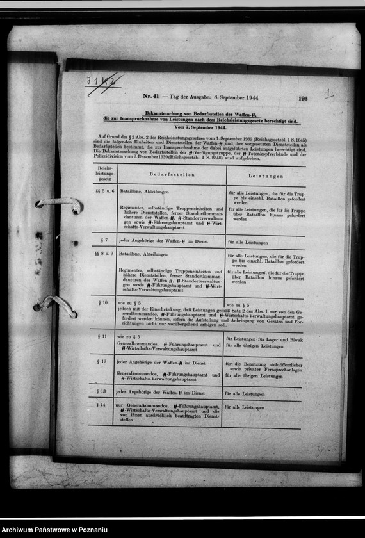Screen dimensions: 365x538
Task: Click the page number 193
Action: [303, 99]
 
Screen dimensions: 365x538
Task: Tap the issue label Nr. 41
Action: [151, 97]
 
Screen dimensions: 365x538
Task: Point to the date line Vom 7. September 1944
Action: [200, 127]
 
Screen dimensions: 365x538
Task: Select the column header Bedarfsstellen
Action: [171, 174]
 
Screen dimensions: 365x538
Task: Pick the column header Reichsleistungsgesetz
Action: [104, 174]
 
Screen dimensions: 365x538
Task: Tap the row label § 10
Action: [103, 302]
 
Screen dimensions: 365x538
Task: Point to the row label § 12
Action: [102, 361]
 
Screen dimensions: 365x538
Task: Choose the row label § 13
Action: [101, 391]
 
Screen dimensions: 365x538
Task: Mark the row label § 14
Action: [101, 405]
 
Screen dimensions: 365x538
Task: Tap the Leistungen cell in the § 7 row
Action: [247, 243]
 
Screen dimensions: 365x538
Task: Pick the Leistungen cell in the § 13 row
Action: [245, 394]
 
